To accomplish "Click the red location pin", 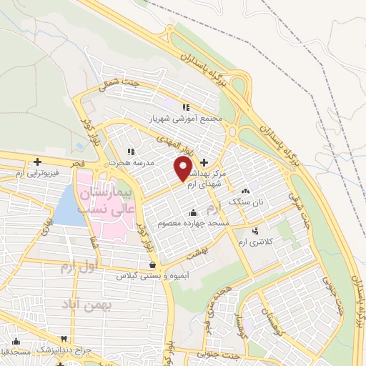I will [x=183, y=168].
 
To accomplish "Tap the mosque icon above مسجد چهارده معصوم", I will [x=193, y=213].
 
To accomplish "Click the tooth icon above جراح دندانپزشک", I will [x=64, y=338].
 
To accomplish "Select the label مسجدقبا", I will [x=14, y=352].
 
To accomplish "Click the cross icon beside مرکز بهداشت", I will [x=205, y=162].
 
